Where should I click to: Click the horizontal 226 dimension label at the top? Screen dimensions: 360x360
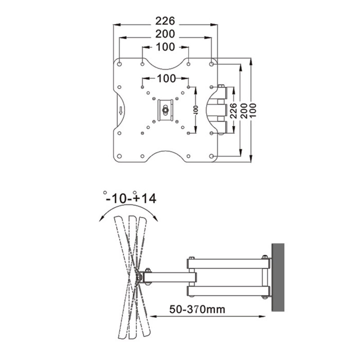165,21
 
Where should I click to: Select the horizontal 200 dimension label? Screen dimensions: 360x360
165,34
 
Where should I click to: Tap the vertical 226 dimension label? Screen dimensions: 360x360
234,111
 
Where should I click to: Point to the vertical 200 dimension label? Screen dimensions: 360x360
244,111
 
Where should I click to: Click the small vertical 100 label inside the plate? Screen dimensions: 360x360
196,110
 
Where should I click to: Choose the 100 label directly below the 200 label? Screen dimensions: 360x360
165,47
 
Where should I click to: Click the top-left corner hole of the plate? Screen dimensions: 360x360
119,64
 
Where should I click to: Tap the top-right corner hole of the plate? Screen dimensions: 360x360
211,64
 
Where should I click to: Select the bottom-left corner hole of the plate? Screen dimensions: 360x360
119,156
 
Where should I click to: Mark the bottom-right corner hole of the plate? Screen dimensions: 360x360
211,156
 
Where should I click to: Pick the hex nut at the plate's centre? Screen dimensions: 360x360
165,110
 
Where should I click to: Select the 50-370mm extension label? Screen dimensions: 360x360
197,309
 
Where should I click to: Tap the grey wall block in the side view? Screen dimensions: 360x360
278,277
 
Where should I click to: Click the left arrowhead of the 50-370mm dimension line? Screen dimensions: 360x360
153,316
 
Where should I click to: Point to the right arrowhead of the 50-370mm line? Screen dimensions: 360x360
262,316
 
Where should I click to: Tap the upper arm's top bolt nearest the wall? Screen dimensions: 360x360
265,257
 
